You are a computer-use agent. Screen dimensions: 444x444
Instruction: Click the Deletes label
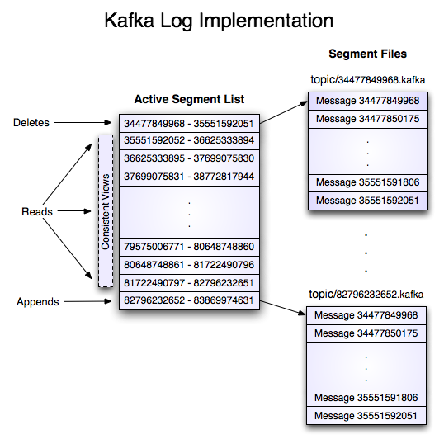[31, 123]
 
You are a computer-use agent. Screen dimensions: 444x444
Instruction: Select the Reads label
[37, 212]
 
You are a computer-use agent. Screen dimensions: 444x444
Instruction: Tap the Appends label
[38, 302]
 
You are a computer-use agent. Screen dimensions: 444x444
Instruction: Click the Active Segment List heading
[189, 100]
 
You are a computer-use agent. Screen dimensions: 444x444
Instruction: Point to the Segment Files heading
[367, 54]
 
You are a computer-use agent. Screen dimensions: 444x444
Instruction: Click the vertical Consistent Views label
[106, 211]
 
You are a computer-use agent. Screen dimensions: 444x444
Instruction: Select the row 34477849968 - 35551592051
[188, 124]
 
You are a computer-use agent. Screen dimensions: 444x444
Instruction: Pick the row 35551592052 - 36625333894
[188, 141]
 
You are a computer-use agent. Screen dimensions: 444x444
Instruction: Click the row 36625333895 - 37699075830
[188, 158]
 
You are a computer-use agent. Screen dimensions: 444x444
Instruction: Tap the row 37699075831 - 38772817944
[188, 177]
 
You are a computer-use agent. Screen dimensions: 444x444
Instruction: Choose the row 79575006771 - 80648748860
[188, 247]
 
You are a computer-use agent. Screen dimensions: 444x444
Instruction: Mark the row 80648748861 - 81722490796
[188, 265]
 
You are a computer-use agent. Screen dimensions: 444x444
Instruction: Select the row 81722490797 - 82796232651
[188, 283]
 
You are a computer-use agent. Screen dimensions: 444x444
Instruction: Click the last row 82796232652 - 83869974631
[188, 301]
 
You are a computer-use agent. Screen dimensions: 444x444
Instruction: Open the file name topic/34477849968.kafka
[367, 81]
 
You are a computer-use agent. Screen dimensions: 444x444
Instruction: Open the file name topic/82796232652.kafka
[367, 295]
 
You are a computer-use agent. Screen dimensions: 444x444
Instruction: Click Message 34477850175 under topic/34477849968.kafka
[367, 120]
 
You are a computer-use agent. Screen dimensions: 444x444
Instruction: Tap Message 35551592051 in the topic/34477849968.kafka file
[367, 201]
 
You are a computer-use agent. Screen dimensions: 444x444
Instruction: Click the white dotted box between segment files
[366, 248]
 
